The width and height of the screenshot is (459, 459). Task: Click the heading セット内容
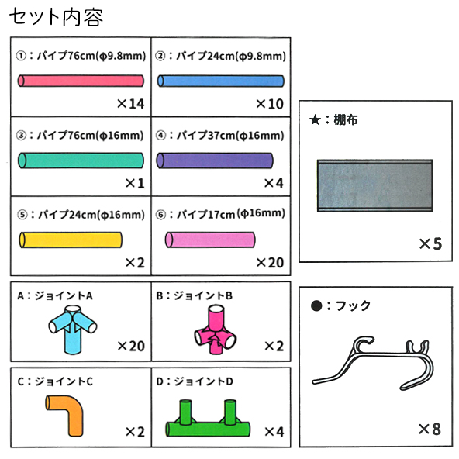[56, 17]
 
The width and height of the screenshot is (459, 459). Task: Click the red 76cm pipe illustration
[81, 81]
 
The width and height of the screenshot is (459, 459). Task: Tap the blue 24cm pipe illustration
[221, 81]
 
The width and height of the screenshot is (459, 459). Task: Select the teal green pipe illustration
[81, 160]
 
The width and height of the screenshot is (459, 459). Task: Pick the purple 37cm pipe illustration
[215, 160]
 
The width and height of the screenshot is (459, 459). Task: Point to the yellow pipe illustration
[71, 240]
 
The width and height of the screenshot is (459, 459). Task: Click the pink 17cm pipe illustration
[210, 240]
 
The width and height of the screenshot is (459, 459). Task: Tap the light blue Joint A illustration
[73, 330]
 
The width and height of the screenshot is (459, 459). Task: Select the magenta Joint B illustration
[216, 330]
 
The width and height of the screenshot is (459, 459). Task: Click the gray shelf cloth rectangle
[375, 185]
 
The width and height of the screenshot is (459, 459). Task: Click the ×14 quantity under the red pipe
[130, 104]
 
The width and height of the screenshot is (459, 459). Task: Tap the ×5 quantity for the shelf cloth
[430, 243]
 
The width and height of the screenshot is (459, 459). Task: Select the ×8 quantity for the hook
[430, 430]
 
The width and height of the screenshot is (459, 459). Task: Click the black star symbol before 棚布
[315, 119]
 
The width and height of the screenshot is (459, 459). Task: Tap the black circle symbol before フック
[316, 306]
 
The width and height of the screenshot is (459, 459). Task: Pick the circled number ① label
[21, 56]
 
